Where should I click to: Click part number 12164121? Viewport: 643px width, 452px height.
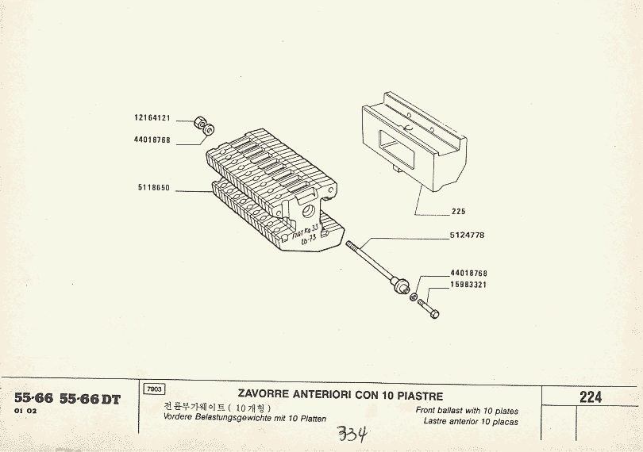152,117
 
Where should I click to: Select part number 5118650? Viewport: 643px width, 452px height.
153,189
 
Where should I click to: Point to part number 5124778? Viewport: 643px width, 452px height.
467,236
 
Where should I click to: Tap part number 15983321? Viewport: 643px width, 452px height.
468,284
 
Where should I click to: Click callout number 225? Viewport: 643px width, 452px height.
458,212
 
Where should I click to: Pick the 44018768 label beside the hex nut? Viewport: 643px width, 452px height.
152,139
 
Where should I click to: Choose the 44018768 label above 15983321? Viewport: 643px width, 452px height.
468,274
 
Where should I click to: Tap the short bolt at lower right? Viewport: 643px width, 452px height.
427,305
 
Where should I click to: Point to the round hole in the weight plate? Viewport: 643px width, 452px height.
306,212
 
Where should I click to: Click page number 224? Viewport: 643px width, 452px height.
591,397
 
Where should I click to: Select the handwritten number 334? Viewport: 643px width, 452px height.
351,434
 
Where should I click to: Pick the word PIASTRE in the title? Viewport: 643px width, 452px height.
417,395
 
